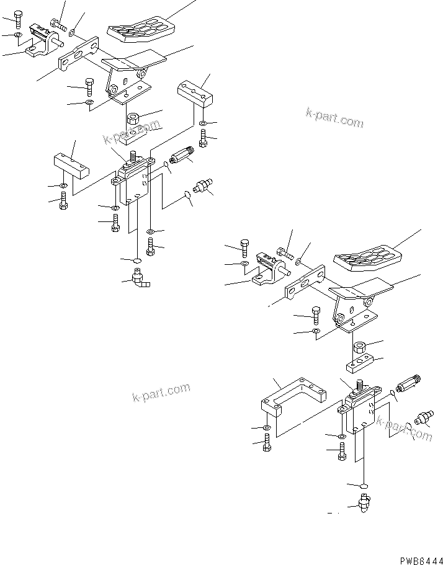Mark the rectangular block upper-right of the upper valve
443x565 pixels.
(x=195, y=94)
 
